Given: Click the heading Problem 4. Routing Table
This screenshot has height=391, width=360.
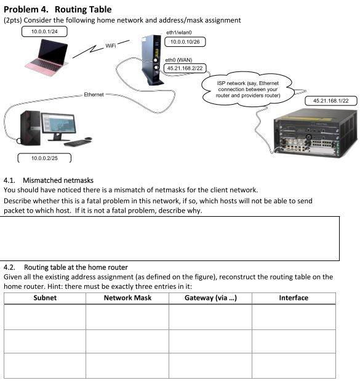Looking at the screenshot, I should point(58,9).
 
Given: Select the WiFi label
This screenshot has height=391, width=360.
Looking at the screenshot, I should point(110,46).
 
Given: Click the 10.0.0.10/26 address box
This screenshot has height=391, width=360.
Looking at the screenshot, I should point(183,42).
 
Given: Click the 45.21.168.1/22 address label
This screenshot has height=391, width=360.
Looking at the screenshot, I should point(330,100).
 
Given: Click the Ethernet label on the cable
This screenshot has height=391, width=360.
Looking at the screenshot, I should point(94,95).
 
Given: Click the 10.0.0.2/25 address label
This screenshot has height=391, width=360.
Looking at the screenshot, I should point(44,158).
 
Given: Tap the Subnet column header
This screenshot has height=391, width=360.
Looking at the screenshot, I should point(45,298).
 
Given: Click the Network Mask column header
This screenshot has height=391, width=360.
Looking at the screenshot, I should point(127,298).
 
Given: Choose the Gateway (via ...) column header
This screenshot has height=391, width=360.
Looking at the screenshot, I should point(210,298).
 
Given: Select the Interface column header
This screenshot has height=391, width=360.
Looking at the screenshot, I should point(294,298).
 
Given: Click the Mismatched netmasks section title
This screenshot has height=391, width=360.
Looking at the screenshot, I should point(58,180).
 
